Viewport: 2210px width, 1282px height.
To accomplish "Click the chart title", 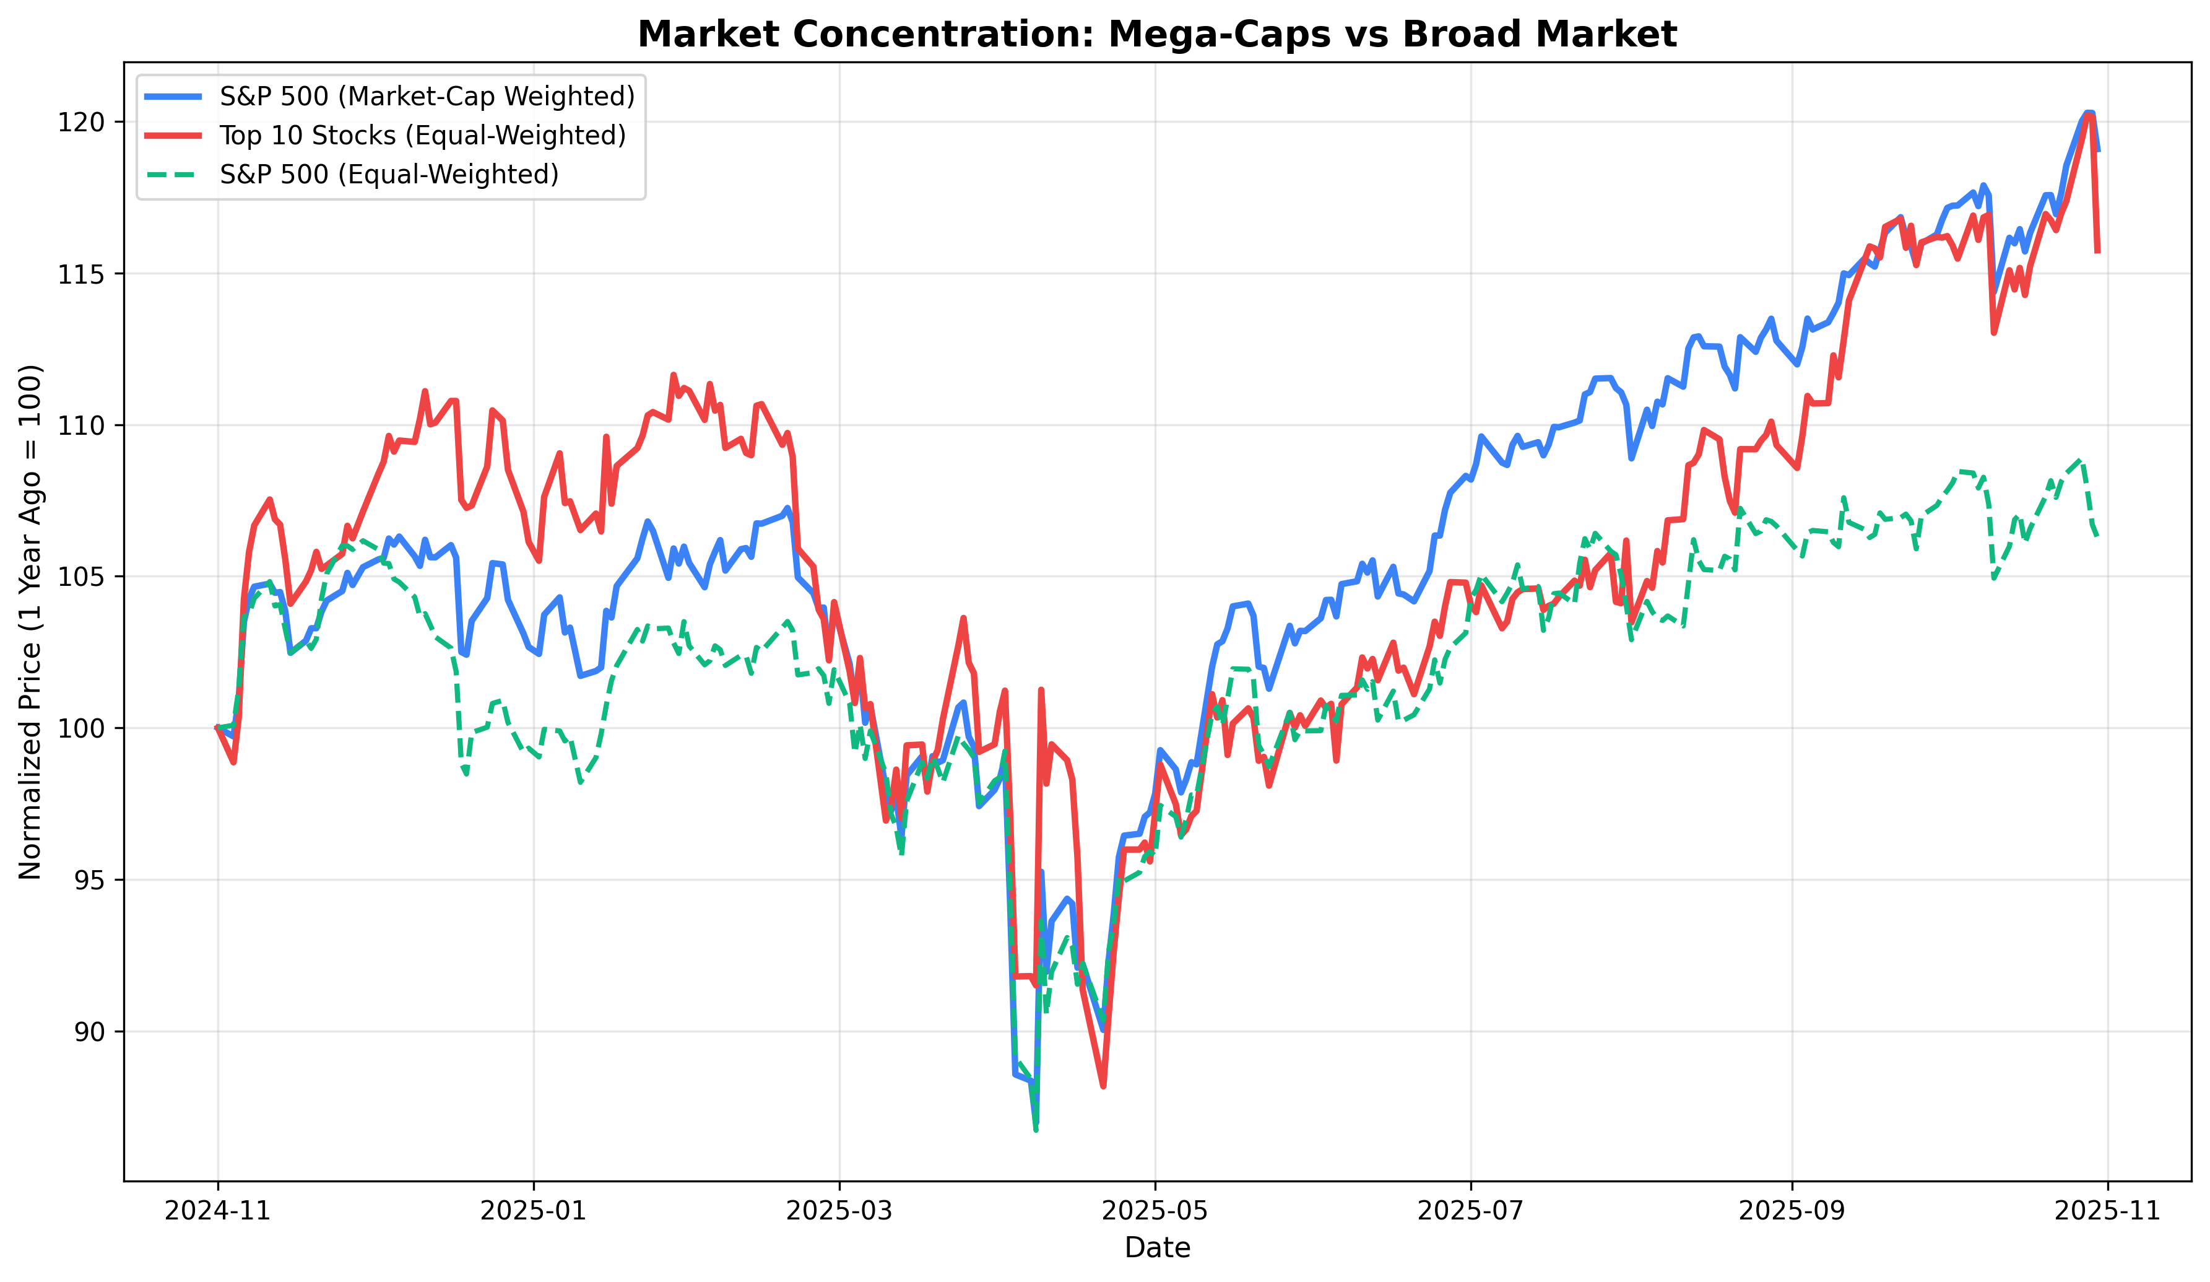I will coord(1157,34).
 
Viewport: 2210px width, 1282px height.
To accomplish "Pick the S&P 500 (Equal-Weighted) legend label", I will coord(389,175).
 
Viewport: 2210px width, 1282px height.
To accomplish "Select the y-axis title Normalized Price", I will coord(31,621).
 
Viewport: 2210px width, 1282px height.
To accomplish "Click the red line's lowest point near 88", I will coord(1103,1086).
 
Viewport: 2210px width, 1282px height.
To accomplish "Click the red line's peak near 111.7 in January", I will coord(674,375).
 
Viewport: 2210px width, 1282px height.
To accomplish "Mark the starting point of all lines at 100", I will coord(217,728).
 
